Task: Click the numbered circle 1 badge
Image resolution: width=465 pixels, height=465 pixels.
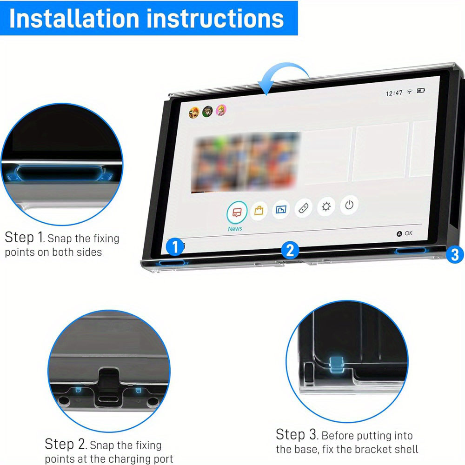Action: (x=175, y=247)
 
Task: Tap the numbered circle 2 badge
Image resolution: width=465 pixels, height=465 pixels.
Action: (x=290, y=250)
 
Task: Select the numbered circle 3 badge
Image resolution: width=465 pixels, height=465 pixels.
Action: (x=455, y=254)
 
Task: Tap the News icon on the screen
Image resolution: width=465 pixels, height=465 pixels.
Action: (x=237, y=212)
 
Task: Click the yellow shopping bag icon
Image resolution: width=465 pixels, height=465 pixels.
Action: (x=259, y=210)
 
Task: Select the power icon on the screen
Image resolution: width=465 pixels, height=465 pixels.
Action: (x=349, y=205)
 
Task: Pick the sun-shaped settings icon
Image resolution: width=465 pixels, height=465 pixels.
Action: (x=326, y=206)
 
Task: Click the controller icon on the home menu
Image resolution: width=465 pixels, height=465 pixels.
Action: (x=303, y=208)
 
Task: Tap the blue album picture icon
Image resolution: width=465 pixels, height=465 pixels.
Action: (x=281, y=209)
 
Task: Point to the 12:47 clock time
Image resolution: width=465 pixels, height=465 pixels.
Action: (x=394, y=93)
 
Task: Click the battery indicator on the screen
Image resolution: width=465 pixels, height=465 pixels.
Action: (x=421, y=90)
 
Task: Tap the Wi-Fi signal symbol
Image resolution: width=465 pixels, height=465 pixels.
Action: (x=410, y=92)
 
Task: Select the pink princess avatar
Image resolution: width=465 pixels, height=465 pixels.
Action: (x=221, y=110)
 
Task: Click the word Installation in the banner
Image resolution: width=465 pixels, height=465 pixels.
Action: (x=74, y=19)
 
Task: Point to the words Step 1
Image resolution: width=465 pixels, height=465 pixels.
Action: (x=25, y=237)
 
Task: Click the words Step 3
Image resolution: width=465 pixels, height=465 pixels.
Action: (x=297, y=434)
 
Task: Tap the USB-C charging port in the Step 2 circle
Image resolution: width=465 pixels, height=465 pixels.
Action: (x=108, y=399)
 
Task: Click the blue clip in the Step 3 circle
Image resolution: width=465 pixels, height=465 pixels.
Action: (x=337, y=364)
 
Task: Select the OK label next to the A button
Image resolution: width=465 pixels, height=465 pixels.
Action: (x=408, y=233)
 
